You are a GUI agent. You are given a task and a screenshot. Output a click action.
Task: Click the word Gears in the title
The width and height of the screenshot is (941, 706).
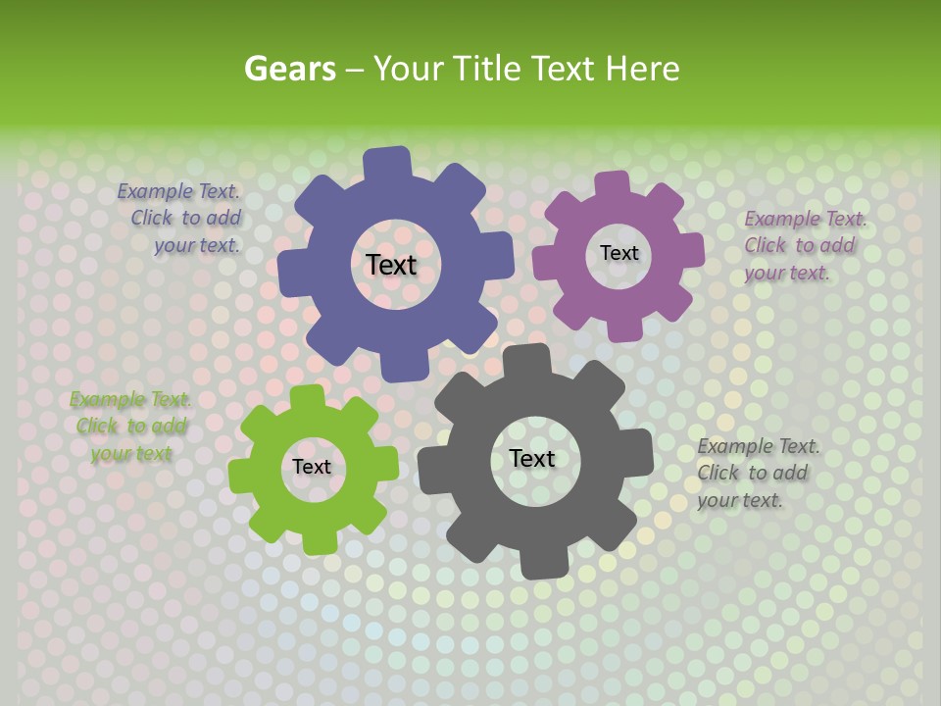click(x=289, y=69)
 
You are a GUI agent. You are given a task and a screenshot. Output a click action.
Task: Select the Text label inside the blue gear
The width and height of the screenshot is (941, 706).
click(x=391, y=265)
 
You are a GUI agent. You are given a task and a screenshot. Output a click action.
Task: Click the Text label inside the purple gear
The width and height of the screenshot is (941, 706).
click(x=619, y=253)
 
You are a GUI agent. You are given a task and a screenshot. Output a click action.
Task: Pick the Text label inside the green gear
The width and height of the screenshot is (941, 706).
click(x=312, y=467)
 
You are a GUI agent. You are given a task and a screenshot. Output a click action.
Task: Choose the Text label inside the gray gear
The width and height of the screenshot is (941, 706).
click(x=532, y=458)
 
